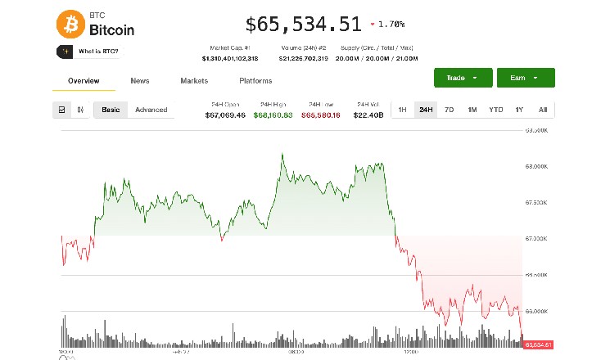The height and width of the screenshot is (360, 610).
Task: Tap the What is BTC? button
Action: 88,52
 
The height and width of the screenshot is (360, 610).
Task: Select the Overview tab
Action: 84,81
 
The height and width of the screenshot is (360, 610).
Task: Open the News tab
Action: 139,81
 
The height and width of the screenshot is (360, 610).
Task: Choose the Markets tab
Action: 194,81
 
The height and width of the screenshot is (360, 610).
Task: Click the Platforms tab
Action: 255,81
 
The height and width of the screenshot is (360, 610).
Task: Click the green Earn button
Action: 525,78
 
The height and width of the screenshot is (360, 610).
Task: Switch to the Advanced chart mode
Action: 151,110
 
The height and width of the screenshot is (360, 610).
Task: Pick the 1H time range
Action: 402,110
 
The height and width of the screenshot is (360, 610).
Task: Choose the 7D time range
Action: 449,110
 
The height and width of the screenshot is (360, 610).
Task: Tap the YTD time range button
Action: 495,110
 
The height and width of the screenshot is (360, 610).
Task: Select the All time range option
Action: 542,110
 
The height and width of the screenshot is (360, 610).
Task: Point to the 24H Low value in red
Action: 320,115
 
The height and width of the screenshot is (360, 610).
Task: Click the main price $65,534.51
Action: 303,25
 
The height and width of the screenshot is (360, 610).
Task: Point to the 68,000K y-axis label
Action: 537,166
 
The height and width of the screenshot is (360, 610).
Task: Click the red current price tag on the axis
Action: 540,344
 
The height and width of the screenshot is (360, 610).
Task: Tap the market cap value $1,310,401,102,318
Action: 230,59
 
